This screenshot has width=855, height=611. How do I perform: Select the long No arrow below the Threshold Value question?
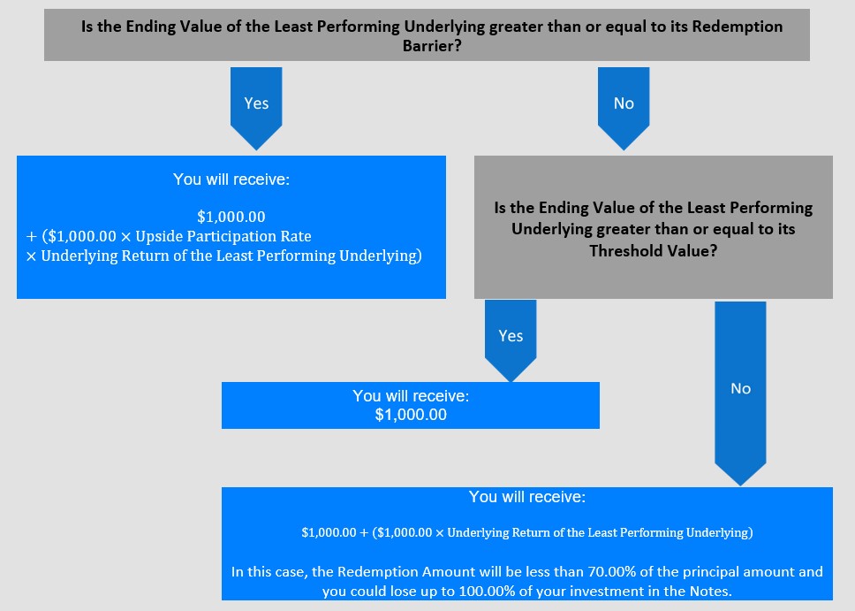pyautogui.click(x=740, y=393)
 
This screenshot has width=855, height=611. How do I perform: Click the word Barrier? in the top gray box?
pyautogui.click(x=432, y=46)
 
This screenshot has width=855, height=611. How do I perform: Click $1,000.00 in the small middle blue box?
pyautogui.click(x=411, y=415)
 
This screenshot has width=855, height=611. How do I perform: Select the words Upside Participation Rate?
pyautogui.click(x=223, y=236)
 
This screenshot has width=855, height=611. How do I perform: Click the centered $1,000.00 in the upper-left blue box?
pyautogui.click(x=231, y=217)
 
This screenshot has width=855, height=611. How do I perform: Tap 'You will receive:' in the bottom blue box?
pyautogui.click(x=527, y=497)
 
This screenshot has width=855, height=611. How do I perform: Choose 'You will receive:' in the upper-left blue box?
pyautogui.click(x=231, y=179)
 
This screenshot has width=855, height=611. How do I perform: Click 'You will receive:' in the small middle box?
pyautogui.click(x=411, y=396)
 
